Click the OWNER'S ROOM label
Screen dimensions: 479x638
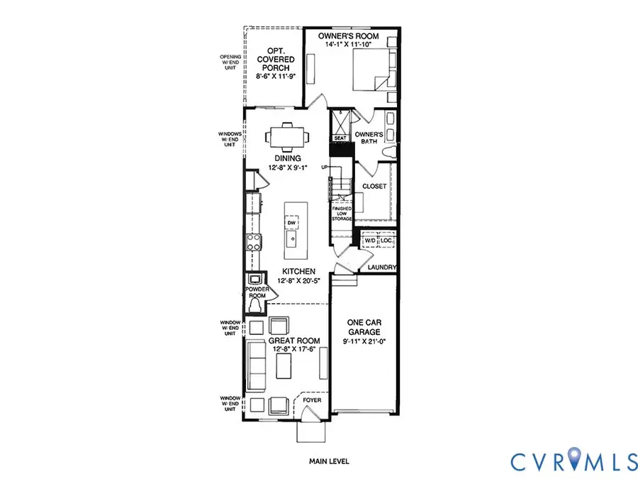(x=348, y=36)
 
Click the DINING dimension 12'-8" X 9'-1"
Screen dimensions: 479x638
(x=284, y=168)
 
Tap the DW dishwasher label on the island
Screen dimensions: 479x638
(x=291, y=223)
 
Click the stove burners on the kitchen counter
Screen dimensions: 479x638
(x=252, y=243)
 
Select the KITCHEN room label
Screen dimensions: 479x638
(x=298, y=272)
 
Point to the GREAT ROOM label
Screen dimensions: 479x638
(x=293, y=341)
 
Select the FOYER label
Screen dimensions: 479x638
(x=312, y=400)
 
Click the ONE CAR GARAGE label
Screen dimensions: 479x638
(x=364, y=326)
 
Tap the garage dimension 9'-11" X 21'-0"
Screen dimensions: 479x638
(x=364, y=341)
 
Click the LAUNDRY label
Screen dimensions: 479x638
(x=381, y=268)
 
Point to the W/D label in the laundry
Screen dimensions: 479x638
(x=370, y=241)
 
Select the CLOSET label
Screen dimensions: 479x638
(x=374, y=186)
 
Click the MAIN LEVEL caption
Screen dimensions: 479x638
(x=329, y=461)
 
